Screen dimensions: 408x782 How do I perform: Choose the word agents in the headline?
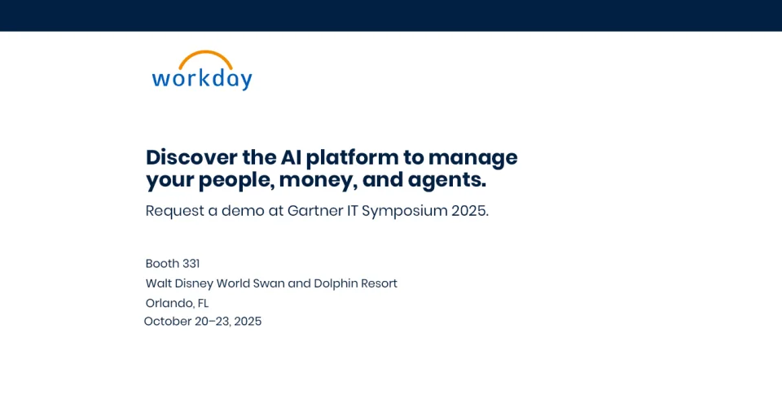click(445, 179)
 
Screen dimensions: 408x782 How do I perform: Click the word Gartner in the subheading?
click(318, 211)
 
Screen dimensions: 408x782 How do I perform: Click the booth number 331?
click(191, 263)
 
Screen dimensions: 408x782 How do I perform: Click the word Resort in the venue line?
click(380, 283)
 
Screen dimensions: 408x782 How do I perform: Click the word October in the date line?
click(168, 321)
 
